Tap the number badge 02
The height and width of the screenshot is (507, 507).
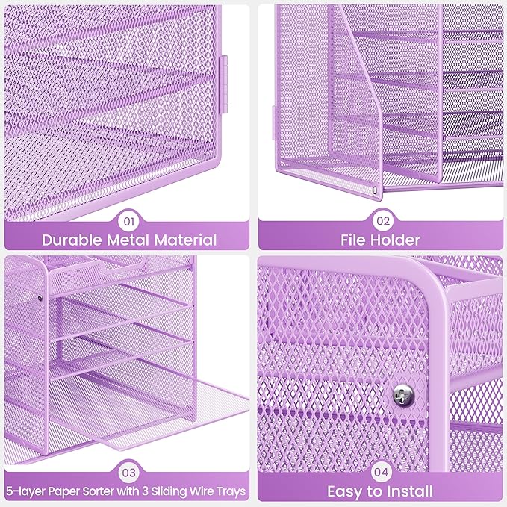(382, 221)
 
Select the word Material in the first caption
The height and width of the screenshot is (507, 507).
(187, 240)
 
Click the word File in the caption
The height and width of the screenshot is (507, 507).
(355, 240)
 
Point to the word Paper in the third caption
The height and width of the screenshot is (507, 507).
(63, 492)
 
